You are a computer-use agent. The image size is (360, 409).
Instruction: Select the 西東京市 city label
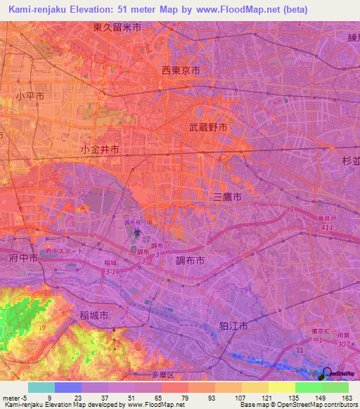tap(181, 71)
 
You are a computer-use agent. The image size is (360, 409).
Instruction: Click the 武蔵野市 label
tap(208, 128)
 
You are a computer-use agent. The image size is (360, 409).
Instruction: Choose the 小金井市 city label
tap(100, 150)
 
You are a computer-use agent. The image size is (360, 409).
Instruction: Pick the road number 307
tap(343, 344)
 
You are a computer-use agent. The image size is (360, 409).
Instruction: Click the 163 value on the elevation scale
tap(347, 398)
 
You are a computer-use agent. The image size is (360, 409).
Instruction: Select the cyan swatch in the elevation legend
tap(41, 387)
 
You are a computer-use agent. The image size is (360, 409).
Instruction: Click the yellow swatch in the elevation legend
tap(281, 387)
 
